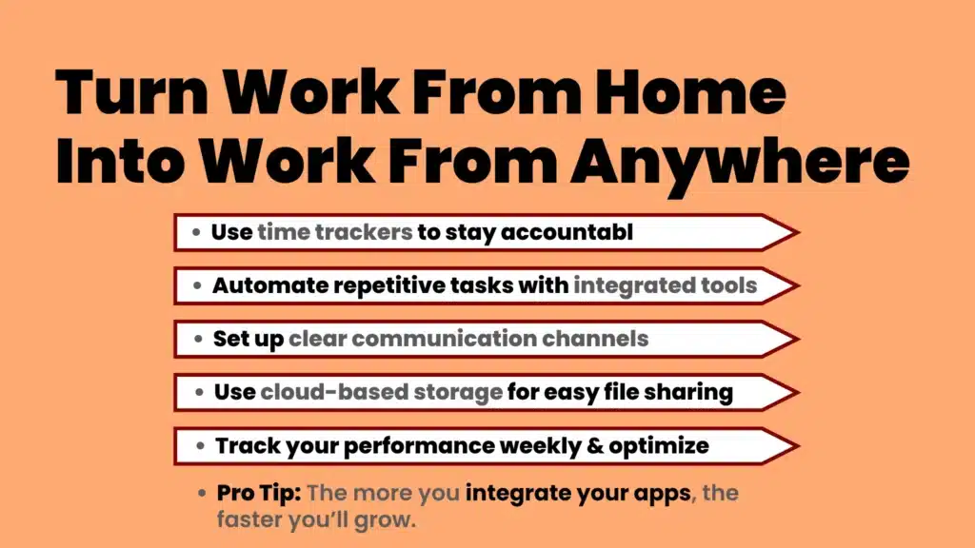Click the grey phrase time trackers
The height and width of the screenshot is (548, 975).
click(x=335, y=232)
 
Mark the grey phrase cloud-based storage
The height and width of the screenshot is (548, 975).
click(x=381, y=392)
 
